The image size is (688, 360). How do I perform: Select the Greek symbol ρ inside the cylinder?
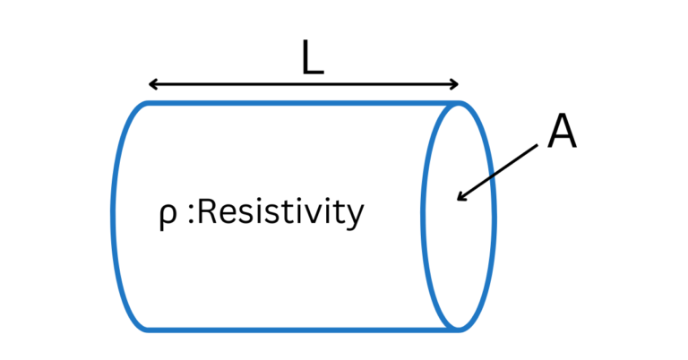[x=162, y=216]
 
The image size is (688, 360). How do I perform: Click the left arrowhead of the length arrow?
[x=151, y=85]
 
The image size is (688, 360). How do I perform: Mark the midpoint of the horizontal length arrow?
[x=304, y=85]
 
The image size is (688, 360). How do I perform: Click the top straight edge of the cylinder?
[x=296, y=104]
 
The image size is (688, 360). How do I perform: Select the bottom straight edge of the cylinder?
[x=296, y=329]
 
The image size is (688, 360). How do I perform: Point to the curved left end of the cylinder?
[x=114, y=216]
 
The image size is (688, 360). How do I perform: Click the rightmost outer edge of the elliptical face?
[x=494, y=216]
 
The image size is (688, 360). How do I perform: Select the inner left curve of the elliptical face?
[x=425, y=216]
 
